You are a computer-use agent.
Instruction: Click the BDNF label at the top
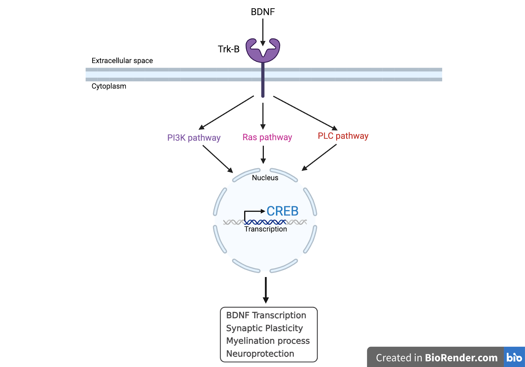[262, 12]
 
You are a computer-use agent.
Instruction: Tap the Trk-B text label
[229, 49]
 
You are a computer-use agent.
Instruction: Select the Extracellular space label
[122, 61]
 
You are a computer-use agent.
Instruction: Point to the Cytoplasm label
[109, 86]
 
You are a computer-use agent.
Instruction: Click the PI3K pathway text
[194, 138]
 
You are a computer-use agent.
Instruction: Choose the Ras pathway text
[267, 137]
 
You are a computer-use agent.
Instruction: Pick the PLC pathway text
[343, 136]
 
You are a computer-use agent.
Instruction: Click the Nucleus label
[265, 178]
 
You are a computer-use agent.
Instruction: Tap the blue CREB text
[282, 211]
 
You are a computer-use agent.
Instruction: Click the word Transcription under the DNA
[265, 229]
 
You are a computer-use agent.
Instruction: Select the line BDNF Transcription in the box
[266, 315]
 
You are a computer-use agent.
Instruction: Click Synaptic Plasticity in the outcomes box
[264, 328]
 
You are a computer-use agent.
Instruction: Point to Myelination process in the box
[268, 341]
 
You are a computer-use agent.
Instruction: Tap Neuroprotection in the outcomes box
[260, 354]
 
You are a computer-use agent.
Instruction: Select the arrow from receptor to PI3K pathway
[226, 113]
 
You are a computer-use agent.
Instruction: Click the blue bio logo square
[514, 357]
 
